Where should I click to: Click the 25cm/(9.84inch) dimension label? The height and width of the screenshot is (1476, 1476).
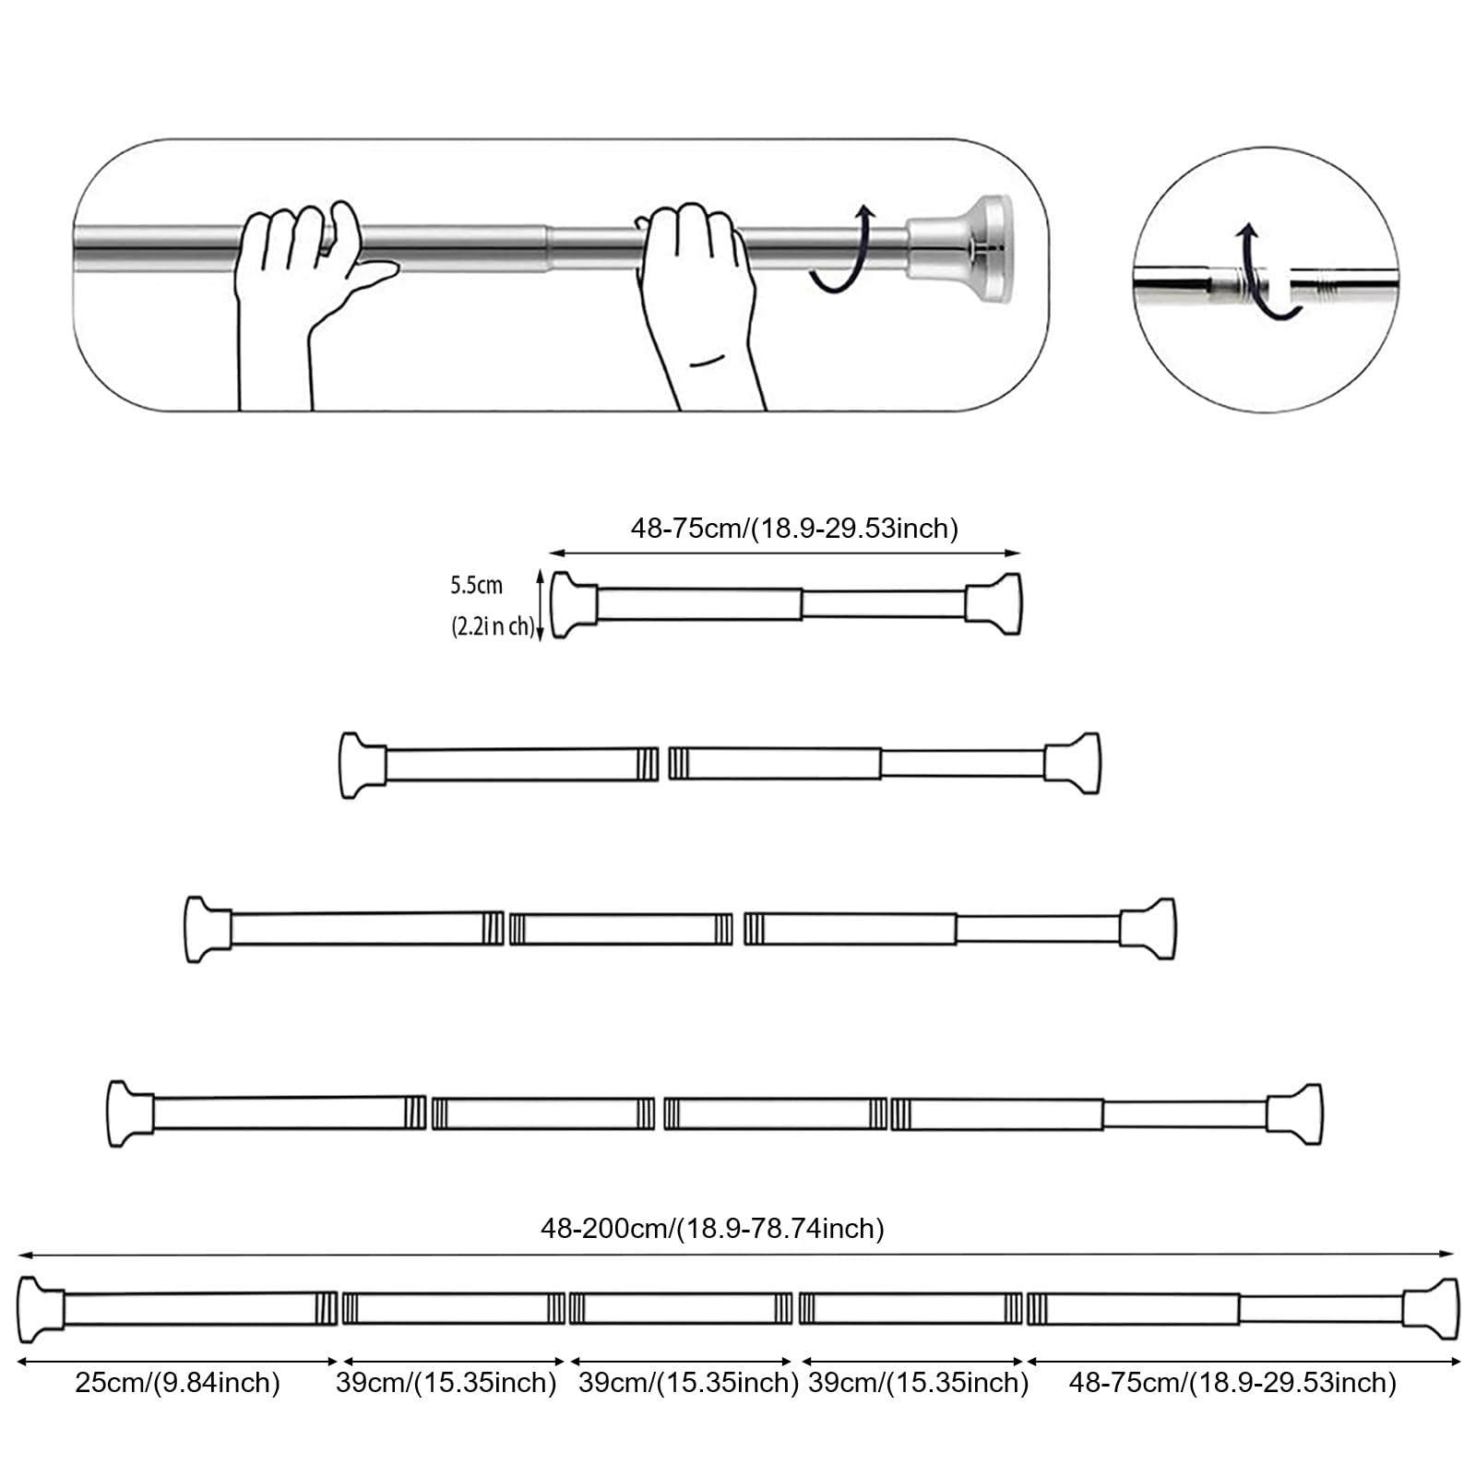(177, 1383)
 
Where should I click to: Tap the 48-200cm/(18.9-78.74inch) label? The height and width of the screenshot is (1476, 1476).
(712, 1229)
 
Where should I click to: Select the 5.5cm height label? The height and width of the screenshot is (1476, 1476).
(476, 585)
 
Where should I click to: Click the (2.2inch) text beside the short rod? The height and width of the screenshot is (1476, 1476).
(492, 627)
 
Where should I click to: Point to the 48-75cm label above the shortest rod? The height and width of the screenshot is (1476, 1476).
(794, 529)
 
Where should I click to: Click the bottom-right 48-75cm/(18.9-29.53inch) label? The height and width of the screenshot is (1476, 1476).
(1232, 1383)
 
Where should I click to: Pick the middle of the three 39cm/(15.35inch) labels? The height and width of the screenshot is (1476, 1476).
(688, 1383)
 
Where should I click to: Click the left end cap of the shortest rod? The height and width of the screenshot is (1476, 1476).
(572, 605)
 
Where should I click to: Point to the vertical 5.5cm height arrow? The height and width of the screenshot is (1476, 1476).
(540, 605)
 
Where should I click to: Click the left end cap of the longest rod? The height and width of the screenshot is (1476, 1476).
(39, 1308)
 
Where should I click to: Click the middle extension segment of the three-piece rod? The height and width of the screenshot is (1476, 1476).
(621, 929)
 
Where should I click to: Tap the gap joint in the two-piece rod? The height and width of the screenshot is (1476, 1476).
(664, 764)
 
